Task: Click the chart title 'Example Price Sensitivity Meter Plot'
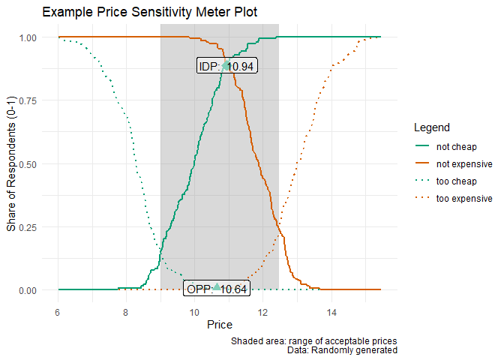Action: click(x=151, y=12)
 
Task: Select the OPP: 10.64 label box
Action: click(x=217, y=290)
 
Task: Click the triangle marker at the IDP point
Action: click(x=226, y=65)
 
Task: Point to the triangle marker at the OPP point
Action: click(x=217, y=286)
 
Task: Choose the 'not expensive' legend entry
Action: click(x=463, y=163)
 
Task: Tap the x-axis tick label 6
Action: click(x=57, y=312)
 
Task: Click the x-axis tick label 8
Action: click(x=126, y=312)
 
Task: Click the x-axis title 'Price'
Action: click(x=219, y=325)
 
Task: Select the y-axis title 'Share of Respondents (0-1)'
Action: click(x=11, y=163)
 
